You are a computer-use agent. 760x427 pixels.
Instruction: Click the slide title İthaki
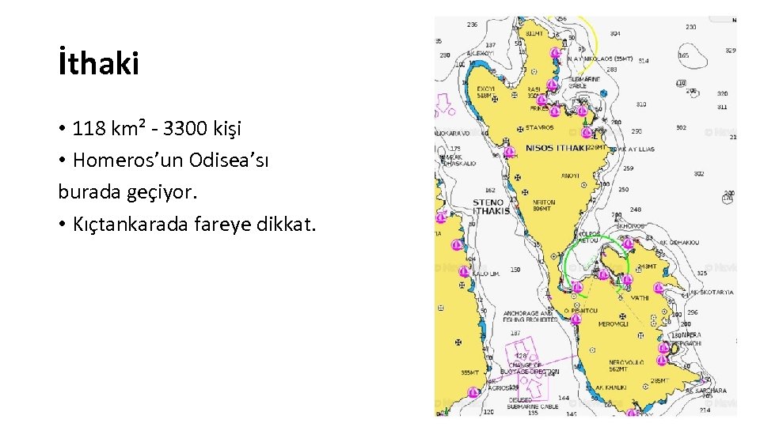(x=98, y=64)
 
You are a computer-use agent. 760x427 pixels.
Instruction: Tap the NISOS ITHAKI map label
(x=557, y=148)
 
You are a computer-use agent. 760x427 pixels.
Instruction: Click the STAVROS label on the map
(x=541, y=127)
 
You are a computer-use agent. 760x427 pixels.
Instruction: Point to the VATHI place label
(x=639, y=298)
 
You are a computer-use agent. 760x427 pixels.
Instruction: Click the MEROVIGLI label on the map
(x=614, y=324)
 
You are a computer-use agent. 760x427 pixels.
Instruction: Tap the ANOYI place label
(x=570, y=176)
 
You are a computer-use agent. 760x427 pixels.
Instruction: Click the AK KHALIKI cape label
(x=610, y=387)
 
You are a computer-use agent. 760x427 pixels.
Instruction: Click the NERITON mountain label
(x=544, y=205)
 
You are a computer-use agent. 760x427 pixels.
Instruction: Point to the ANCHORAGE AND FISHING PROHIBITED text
(x=527, y=316)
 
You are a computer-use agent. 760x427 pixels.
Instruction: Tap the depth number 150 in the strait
(x=515, y=270)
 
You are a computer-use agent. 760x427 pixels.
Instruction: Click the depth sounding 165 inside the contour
(x=684, y=55)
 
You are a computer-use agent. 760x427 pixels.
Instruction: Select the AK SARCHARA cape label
(x=706, y=391)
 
